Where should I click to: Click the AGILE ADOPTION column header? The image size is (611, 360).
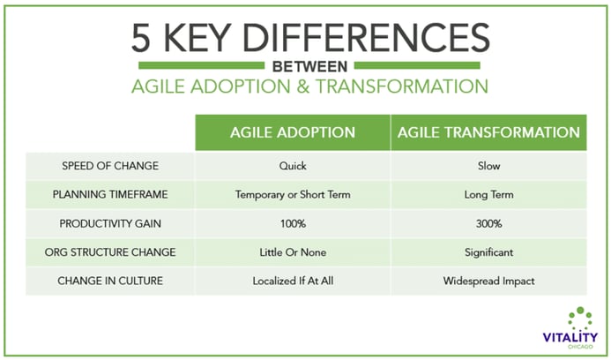pyautogui.click(x=293, y=132)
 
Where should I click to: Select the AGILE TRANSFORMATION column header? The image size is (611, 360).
pyautogui.click(x=488, y=132)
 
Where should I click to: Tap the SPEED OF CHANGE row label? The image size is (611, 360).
pyautogui.click(x=110, y=166)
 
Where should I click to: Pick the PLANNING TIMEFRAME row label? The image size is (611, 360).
pyautogui.click(x=110, y=194)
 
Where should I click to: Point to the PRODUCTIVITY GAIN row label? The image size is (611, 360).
pyautogui.click(x=110, y=223)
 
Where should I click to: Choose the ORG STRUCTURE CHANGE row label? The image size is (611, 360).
pyautogui.click(x=110, y=252)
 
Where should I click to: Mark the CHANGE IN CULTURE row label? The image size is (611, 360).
pyautogui.click(x=110, y=281)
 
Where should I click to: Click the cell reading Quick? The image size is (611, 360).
pyautogui.click(x=293, y=166)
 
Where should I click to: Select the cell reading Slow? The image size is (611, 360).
pyautogui.click(x=488, y=166)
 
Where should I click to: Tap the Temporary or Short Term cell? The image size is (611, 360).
pyautogui.click(x=293, y=195)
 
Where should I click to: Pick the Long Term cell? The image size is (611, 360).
pyautogui.click(x=488, y=195)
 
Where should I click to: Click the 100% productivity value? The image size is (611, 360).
pyautogui.click(x=293, y=223)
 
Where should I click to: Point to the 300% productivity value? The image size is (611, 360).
pyautogui.click(x=488, y=223)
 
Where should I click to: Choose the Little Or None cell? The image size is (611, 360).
pyautogui.click(x=293, y=252)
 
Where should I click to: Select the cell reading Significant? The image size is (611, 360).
pyautogui.click(x=488, y=252)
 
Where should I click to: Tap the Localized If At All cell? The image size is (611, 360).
pyautogui.click(x=293, y=281)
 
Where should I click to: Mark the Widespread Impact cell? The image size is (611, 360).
pyautogui.click(x=488, y=281)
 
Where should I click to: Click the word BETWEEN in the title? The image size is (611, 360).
pyautogui.click(x=309, y=67)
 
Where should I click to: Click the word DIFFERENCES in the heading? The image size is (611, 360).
pyautogui.click(x=366, y=38)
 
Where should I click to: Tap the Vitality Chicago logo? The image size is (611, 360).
pyautogui.click(x=570, y=328)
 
